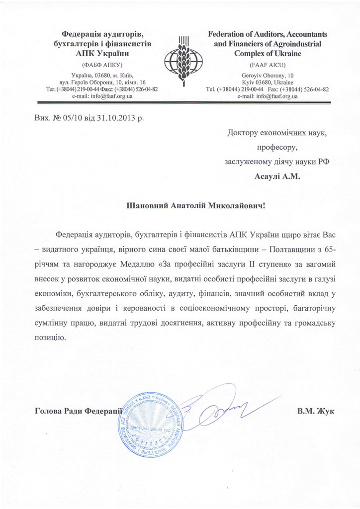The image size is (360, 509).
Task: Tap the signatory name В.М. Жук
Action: (x=315, y=411)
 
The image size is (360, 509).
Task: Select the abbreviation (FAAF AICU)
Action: (x=267, y=65)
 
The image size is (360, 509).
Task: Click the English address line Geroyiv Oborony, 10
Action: (x=267, y=75)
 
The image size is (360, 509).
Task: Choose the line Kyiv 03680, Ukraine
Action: (x=267, y=82)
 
